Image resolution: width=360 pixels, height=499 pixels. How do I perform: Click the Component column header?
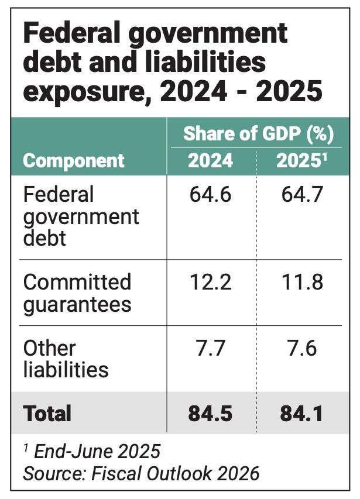click(74, 160)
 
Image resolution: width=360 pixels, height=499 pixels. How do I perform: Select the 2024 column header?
click(210, 160)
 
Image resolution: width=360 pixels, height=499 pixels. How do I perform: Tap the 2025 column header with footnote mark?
click(300, 160)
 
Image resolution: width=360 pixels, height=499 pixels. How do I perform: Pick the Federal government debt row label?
click(81, 216)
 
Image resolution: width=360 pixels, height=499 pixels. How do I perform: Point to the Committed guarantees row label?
click(77, 293)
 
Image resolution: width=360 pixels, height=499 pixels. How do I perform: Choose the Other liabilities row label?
click(66, 359)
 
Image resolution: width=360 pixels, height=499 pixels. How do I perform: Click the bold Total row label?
click(47, 413)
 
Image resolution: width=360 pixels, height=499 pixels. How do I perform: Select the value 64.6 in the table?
click(210, 195)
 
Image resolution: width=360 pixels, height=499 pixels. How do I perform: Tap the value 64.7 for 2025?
click(300, 195)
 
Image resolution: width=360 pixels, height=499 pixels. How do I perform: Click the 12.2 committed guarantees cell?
click(210, 283)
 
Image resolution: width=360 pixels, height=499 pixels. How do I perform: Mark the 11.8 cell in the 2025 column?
click(300, 283)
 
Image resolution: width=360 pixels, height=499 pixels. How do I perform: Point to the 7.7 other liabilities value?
click(210, 348)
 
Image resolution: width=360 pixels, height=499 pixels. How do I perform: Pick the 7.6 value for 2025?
click(300, 348)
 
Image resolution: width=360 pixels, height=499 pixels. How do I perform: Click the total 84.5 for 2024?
click(210, 413)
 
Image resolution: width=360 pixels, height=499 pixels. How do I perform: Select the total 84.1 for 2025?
click(300, 413)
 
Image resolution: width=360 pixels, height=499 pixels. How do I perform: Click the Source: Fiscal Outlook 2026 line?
click(141, 473)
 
